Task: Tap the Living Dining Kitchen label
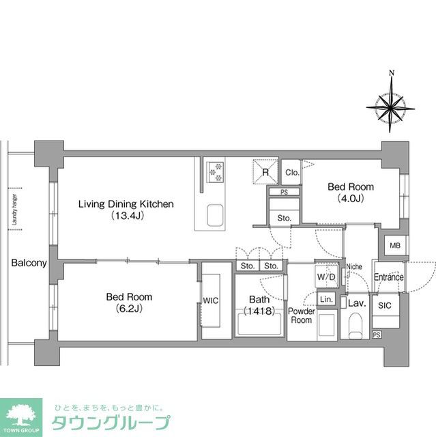pyautogui.click(x=126, y=209)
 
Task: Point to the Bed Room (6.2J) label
pyautogui.click(x=129, y=302)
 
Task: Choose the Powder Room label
pyautogui.click(x=301, y=315)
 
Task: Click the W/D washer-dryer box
pyautogui.click(x=325, y=277)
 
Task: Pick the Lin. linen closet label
pyautogui.click(x=326, y=300)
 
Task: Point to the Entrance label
pyautogui.click(x=388, y=277)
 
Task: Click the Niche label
pyautogui.click(x=353, y=266)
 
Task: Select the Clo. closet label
pyautogui.click(x=291, y=172)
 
